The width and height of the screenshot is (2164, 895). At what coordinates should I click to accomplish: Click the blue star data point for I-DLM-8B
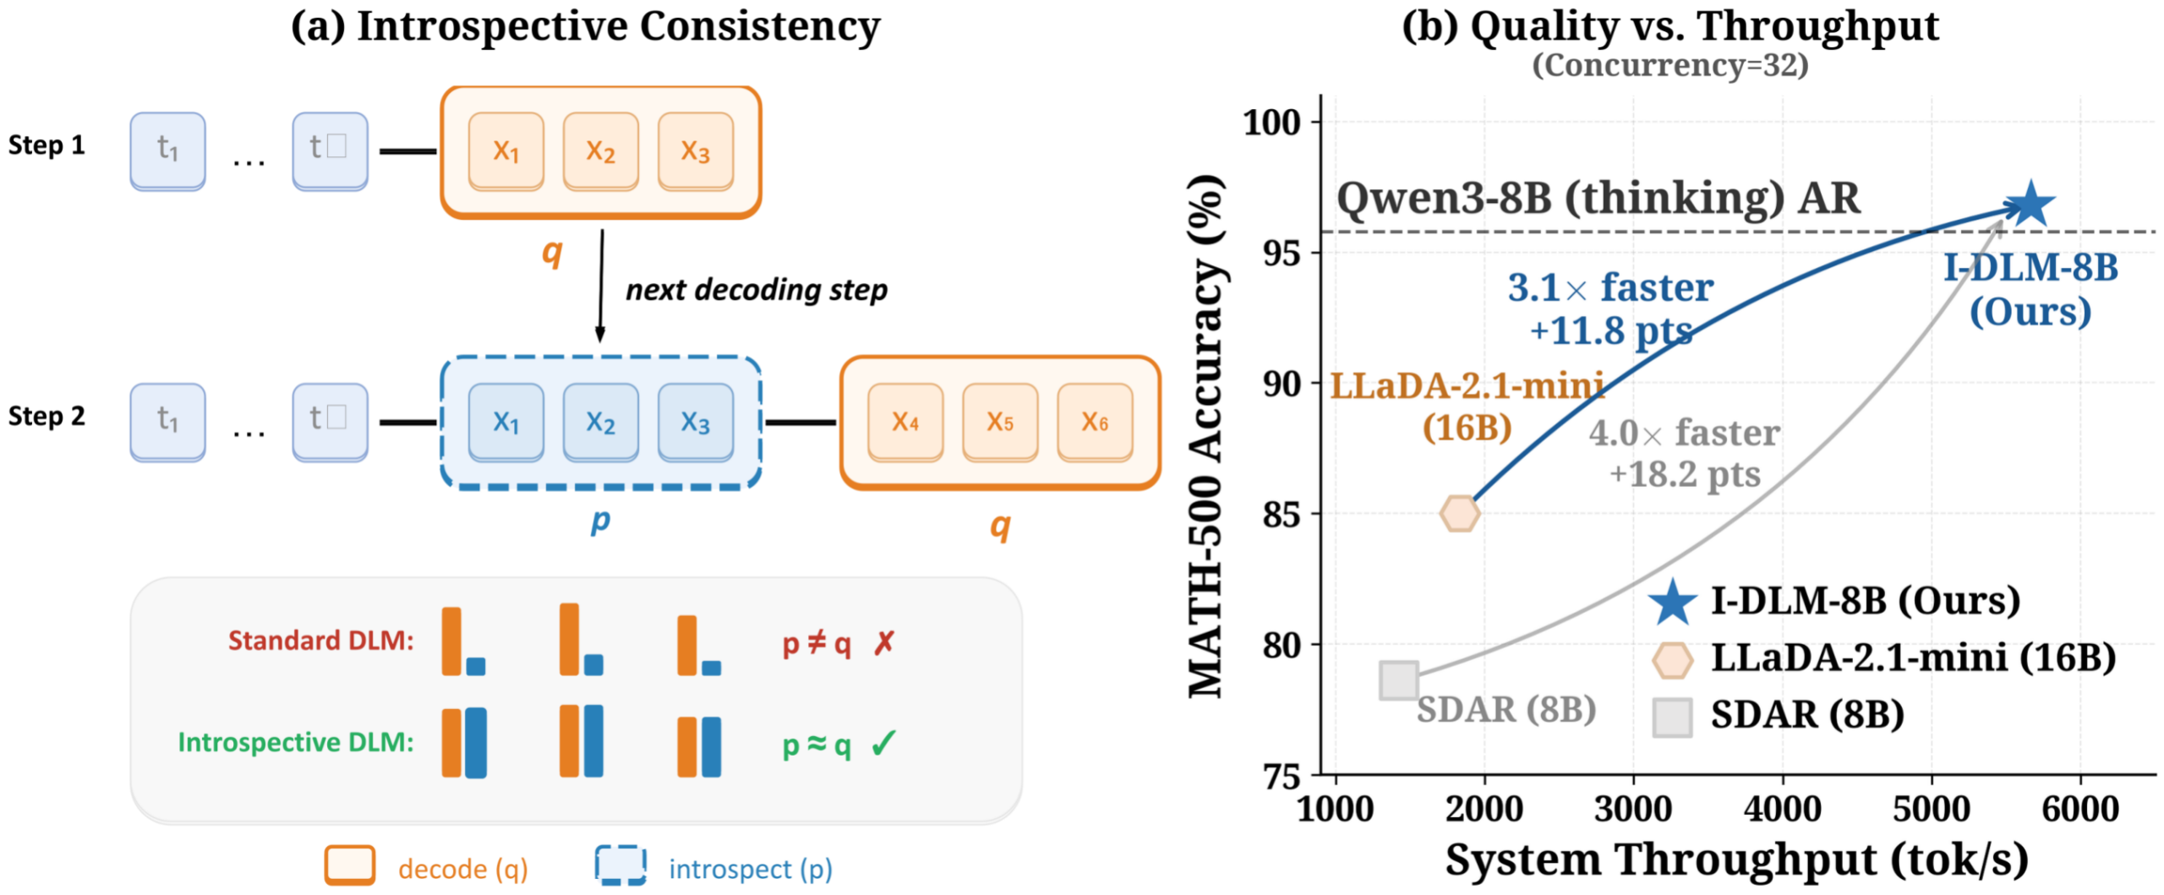2030,205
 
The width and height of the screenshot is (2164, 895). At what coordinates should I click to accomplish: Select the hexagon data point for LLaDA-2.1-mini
1460,513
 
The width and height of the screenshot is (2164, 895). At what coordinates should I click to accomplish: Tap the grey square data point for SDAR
1399,679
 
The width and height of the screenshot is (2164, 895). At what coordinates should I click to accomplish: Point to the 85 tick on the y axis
1281,514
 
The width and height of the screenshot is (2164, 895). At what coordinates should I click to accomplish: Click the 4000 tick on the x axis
1782,809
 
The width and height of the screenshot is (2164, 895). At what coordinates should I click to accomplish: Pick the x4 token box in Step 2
904,422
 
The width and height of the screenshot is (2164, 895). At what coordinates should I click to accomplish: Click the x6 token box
1095,422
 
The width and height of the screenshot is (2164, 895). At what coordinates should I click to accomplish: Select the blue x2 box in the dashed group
600,422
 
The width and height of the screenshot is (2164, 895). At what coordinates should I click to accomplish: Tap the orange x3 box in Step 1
695,151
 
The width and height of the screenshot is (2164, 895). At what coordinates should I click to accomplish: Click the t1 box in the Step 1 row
167,151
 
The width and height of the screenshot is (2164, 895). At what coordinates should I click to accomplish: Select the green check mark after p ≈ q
884,744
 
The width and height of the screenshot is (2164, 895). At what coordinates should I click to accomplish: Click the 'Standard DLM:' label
321,641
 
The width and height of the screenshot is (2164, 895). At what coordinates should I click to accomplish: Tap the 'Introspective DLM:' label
296,742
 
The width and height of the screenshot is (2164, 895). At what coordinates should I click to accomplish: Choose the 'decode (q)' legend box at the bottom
350,865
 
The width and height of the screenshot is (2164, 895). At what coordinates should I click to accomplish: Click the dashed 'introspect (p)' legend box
620,865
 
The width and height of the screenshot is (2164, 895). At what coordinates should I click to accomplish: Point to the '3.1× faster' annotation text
1610,288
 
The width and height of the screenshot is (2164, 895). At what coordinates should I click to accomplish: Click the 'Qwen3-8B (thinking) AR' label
1598,199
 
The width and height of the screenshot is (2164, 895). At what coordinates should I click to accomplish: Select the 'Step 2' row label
46,416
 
